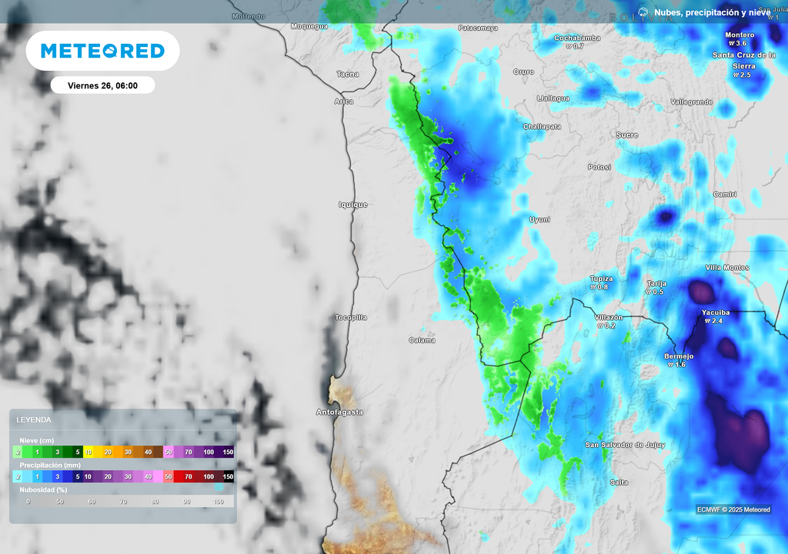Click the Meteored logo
coord(102,51)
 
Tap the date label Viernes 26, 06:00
coord(102,85)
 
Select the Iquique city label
coord(353,205)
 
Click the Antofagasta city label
coord(339,412)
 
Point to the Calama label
coord(422,340)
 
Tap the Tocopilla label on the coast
coord(351,317)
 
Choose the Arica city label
coord(344,102)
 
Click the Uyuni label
coord(539,219)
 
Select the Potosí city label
coord(599,167)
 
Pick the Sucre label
coord(627,135)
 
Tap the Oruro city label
coord(523,72)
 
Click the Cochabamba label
coord(577,38)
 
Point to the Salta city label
coord(619,482)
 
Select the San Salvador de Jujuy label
coord(625,445)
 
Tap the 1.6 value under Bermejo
coord(678,365)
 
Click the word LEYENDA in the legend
coord(34,420)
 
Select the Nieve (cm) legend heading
coord(37,440)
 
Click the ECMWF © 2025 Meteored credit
coord(733,509)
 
